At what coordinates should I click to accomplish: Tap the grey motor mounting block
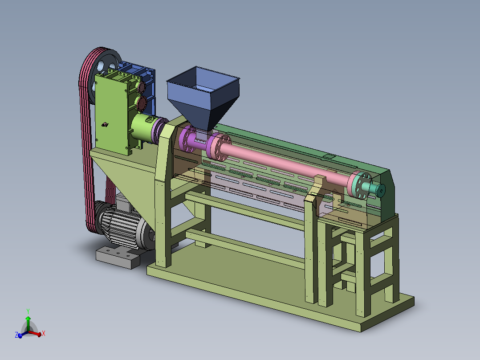click(x=118, y=257)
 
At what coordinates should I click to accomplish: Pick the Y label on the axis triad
click(x=28, y=311)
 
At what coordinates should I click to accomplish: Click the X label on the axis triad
click(x=44, y=333)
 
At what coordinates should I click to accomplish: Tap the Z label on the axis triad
click(x=16, y=335)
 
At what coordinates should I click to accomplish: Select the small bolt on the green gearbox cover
click(x=105, y=124)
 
